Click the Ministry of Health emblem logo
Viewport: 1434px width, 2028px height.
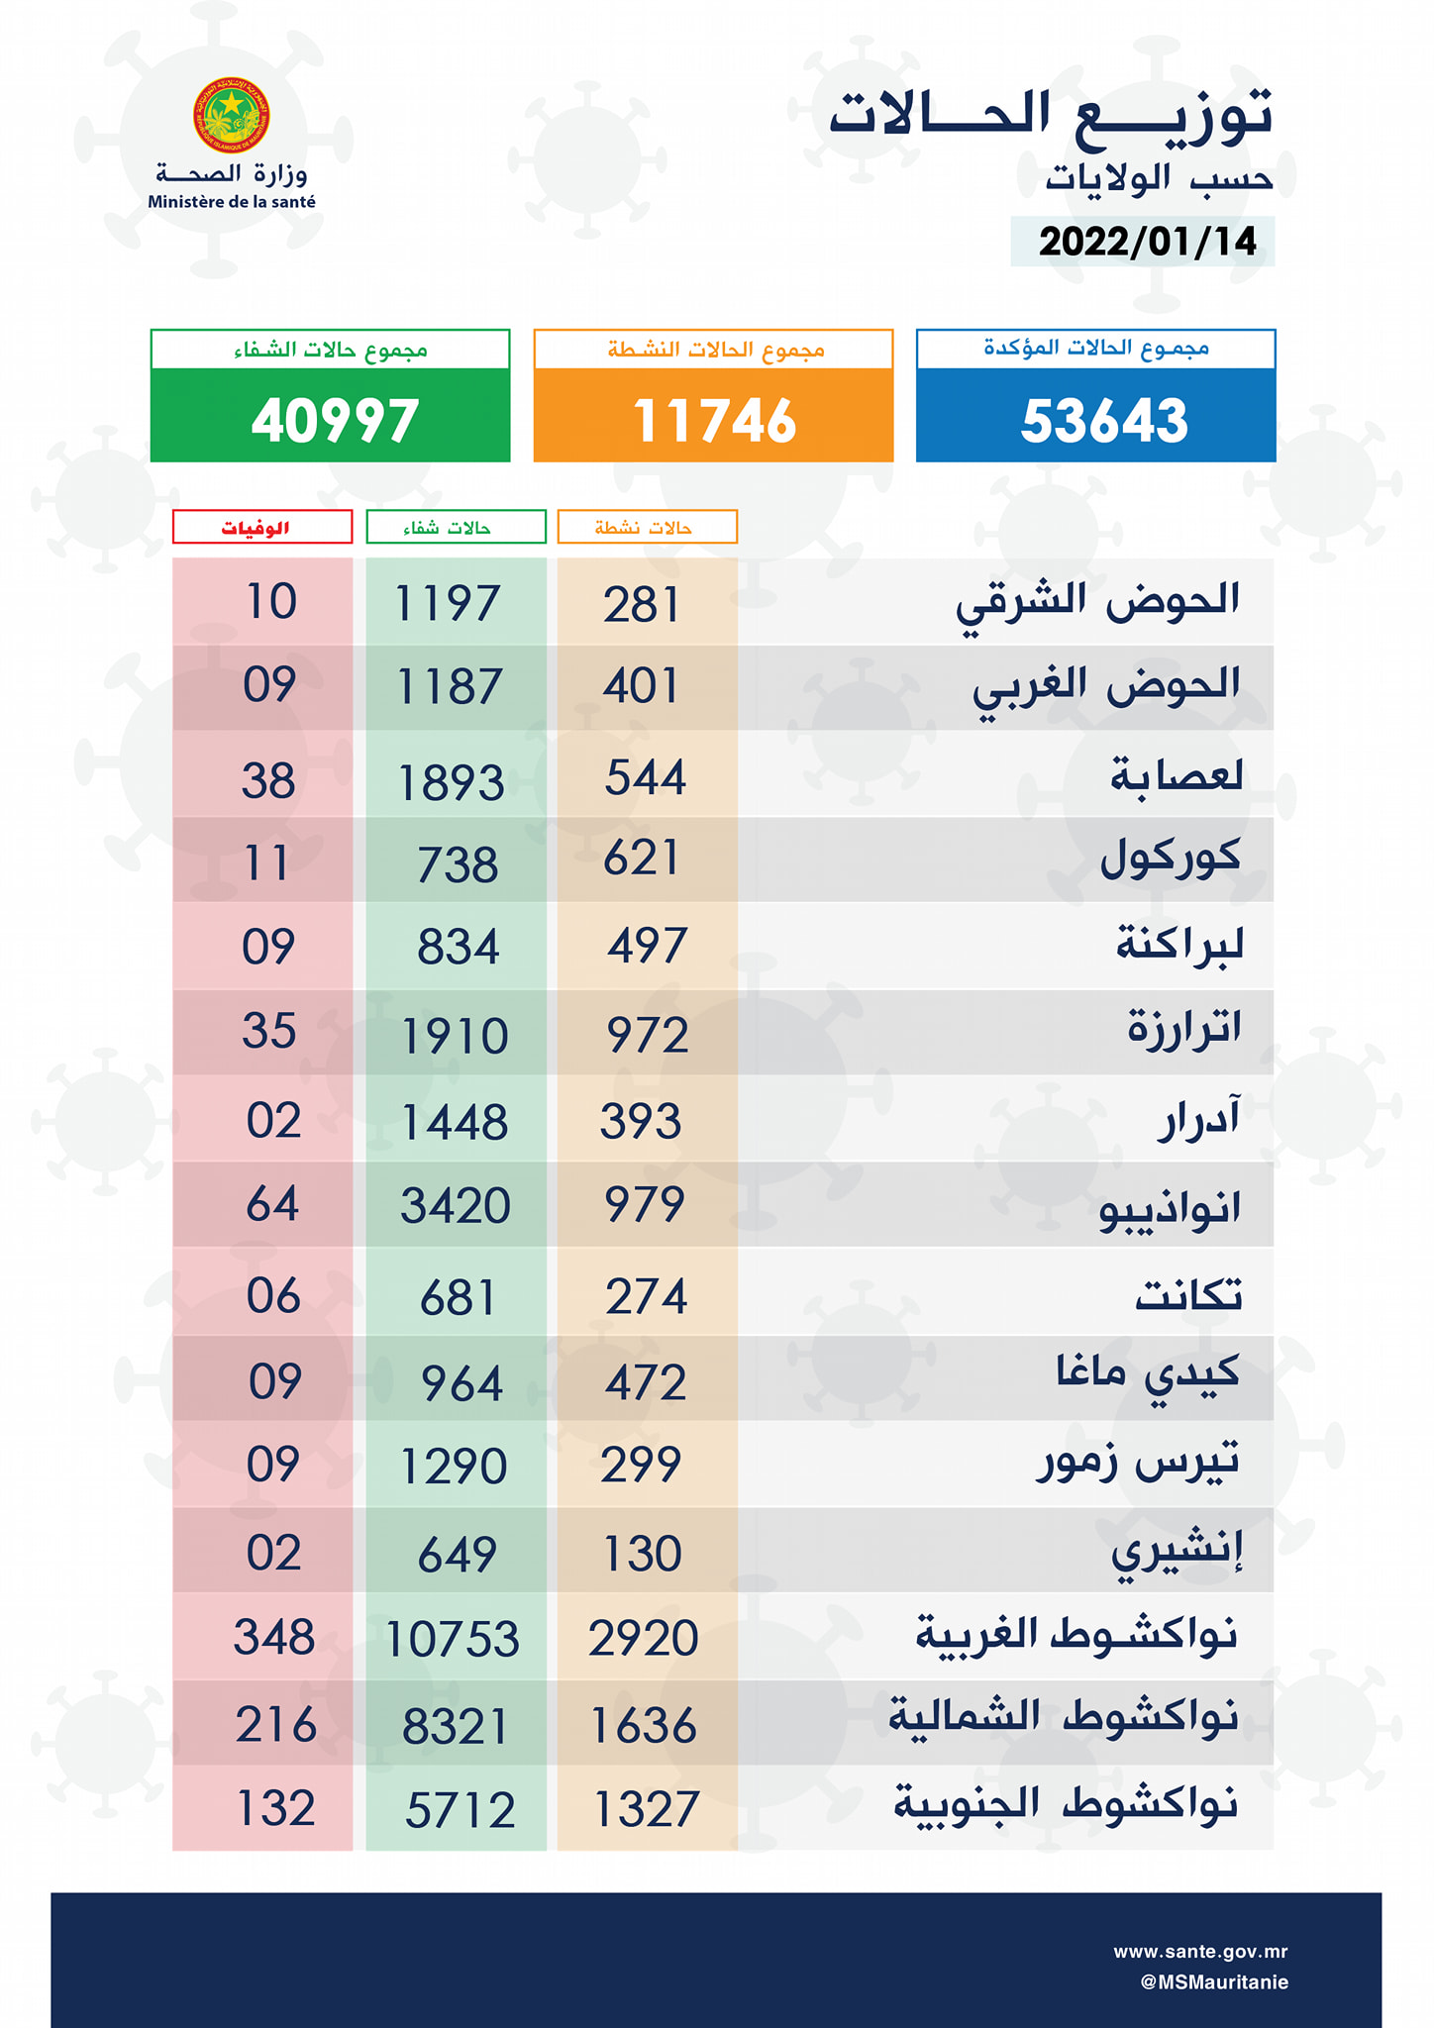[231, 115]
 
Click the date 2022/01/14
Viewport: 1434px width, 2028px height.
[1147, 242]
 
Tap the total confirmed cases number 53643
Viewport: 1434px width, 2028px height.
[1103, 420]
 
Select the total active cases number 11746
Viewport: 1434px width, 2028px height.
[713, 420]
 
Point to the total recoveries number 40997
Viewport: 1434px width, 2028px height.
[334, 420]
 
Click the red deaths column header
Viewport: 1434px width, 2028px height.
[261, 527]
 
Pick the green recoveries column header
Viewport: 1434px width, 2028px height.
[456, 527]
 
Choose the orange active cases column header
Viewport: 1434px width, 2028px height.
[647, 527]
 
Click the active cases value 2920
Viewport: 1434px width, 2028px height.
[644, 1638]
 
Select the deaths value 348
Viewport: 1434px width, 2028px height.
[274, 1637]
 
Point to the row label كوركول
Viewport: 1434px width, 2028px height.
[1170, 858]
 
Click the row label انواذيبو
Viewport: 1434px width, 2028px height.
[1170, 1208]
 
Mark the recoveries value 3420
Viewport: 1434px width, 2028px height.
[455, 1206]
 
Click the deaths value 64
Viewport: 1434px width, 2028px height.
[272, 1204]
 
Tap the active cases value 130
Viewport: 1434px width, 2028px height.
[643, 1553]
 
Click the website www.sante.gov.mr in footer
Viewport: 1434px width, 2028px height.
[1199, 1952]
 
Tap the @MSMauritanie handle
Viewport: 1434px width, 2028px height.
[1213, 1981]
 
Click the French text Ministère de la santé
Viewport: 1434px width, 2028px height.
[232, 202]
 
